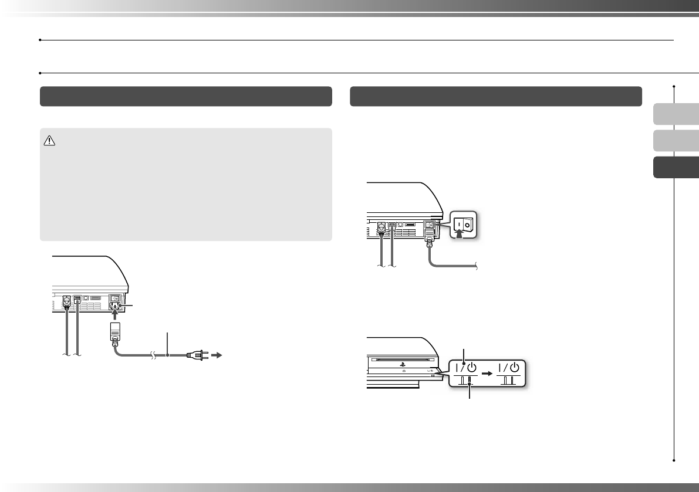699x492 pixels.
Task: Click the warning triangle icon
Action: pos(50,141)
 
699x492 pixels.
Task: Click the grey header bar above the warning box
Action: pos(185,96)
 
